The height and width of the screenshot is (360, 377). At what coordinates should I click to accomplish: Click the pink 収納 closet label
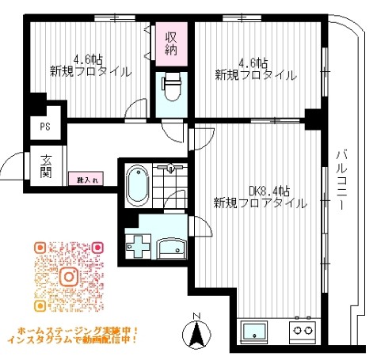tap(171, 43)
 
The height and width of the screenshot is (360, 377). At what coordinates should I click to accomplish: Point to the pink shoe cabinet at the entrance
tap(83, 180)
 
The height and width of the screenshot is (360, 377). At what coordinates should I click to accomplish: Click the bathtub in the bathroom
tap(139, 185)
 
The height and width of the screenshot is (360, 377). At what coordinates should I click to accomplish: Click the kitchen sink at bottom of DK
tap(257, 332)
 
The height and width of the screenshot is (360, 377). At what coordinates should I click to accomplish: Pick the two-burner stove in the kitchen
tap(301, 332)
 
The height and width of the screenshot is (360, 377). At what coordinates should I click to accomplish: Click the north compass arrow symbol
tap(199, 335)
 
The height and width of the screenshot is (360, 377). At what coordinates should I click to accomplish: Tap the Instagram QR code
tap(69, 277)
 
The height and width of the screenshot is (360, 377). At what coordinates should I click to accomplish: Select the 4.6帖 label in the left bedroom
tap(88, 59)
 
